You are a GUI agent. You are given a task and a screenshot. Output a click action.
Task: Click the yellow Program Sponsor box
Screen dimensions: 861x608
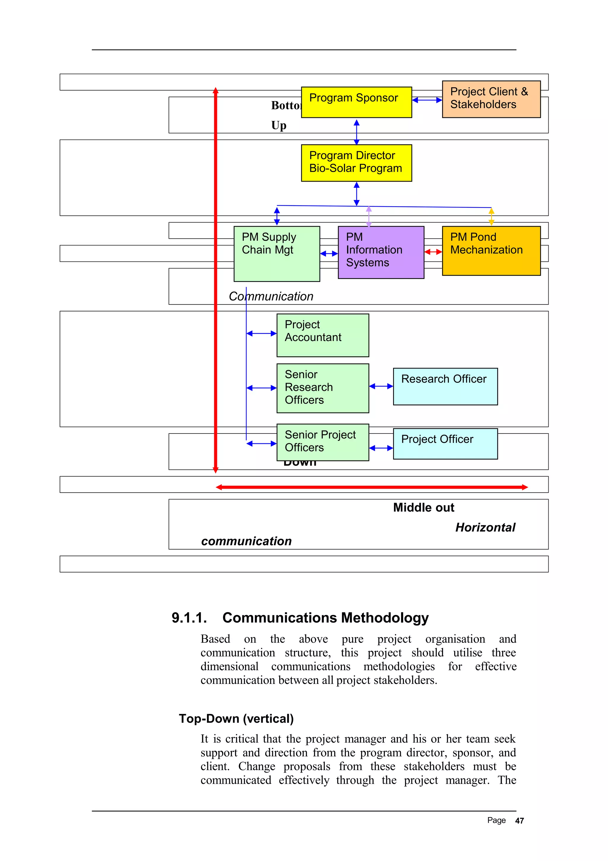click(356, 102)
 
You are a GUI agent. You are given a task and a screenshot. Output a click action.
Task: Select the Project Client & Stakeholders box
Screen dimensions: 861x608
click(491, 99)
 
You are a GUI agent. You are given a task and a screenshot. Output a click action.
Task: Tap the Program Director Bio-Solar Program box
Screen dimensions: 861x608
click(356, 163)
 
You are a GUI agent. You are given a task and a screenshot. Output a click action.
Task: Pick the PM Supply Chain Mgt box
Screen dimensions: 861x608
click(276, 254)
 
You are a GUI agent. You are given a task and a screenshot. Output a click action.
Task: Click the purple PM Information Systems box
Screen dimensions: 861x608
click(381, 252)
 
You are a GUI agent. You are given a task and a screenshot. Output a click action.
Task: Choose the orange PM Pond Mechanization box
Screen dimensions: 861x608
click(491, 251)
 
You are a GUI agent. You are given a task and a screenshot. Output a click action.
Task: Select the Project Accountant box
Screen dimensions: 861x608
click(322, 335)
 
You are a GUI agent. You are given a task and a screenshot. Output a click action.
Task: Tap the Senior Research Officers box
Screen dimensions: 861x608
click(322, 388)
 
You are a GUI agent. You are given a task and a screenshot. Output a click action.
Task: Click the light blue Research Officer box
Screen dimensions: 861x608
click(445, 386)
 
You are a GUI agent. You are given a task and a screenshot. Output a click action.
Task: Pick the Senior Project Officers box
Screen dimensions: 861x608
click(322, 442)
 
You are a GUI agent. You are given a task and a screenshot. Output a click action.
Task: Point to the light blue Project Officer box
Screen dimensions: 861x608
click(445, 444)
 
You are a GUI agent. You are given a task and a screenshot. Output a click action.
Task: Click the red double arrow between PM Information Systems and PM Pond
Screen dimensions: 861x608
click(433, 252)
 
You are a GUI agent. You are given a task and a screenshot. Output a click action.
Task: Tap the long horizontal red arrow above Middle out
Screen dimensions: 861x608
click(372, 487)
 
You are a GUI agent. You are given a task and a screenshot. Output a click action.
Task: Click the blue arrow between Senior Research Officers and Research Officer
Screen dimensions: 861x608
click(381, 386)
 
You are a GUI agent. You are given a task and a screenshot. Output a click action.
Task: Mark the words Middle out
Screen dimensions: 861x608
click(423, 508)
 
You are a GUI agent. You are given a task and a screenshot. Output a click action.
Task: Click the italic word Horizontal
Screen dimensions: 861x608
click(485, 528)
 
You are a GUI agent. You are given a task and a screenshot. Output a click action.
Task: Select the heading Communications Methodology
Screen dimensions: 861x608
click(325, 618)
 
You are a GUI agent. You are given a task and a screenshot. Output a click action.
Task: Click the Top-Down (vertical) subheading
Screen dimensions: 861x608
click(236, 718)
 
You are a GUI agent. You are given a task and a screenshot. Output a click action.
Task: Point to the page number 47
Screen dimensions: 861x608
click(519, 821)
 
